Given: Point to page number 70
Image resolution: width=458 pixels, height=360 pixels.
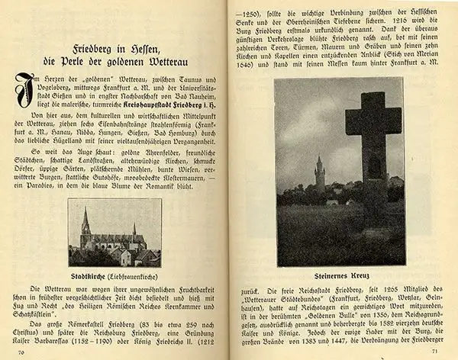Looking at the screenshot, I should [21, 353].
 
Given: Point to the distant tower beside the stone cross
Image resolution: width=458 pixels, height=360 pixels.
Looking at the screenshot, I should [319, 174].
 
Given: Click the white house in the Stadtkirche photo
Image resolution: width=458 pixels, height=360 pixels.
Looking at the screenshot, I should [124, 257].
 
